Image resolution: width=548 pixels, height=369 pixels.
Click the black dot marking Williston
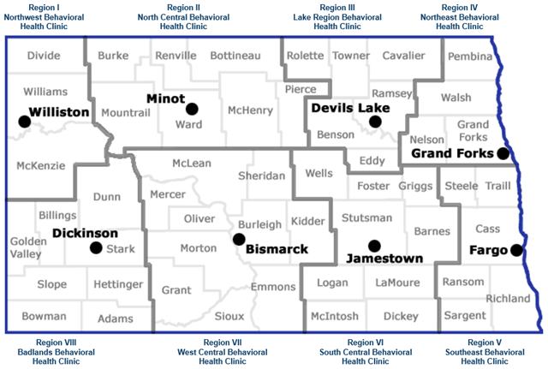click(x=24, y=122)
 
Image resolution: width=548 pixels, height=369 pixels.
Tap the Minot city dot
click(x=192, y=109)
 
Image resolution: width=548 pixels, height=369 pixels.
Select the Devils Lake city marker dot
click(x=374, y=122)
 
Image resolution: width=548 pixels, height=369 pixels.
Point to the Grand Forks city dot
click(x=503, y=154)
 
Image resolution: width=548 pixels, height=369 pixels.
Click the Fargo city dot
click(x=516, y=250)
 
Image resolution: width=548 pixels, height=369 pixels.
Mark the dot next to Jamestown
click(x=372, y=245)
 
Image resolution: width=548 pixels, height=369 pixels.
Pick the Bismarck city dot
click(x=237, y=239)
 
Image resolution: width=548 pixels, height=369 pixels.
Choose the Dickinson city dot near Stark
click(x=95, y=248)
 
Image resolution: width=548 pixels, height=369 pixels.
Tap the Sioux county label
click(x=229, y=316)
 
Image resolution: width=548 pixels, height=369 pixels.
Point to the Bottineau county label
click(x=235, y=56)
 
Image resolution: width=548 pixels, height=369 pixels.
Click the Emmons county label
click(x=273, y=287)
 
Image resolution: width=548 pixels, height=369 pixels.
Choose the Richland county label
click(x=508, y=299)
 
